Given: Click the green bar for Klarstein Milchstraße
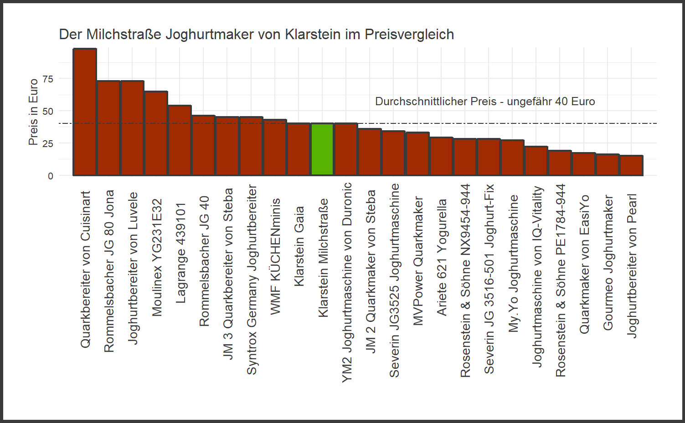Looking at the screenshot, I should (x=322, y=149).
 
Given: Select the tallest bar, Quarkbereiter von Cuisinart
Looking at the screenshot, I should (x=85, y=112).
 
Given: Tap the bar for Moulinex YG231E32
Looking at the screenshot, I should (x=156, y=133).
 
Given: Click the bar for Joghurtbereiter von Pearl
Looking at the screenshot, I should (x=631, y=165).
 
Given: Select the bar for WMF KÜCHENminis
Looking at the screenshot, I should (x=275, y=148).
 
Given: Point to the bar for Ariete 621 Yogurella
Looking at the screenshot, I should (x=441, y=156).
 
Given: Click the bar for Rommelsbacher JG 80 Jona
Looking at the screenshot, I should (x=108, y=128).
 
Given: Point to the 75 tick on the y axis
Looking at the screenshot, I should (x=48, y=79).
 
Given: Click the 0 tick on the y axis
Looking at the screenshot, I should (x=51, y=176).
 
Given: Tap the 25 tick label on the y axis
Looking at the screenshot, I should (x=48, y=144).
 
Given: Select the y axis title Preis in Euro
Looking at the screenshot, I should (x=33, y=112).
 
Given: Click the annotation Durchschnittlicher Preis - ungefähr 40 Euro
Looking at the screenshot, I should (x=485, y=102).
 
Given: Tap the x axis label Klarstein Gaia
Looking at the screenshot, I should (x=299, y=246).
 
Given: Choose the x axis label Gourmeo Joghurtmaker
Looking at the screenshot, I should (x=608, y=263).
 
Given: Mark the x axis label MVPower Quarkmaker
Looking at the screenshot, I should (x=418, y=261).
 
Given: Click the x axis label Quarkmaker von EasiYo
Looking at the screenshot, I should (x=584, y=264).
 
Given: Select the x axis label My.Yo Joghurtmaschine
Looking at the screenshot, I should (x=513, y=264).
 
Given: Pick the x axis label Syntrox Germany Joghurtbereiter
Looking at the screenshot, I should (x=252, y=280).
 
